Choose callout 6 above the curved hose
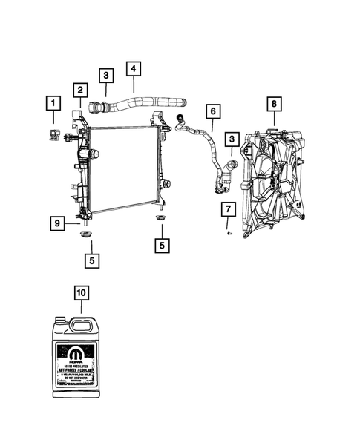tap(212, 112)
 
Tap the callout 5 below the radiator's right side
tap(160, 245)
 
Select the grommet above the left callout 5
tap(86, 235)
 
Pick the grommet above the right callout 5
tap(160, 220)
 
